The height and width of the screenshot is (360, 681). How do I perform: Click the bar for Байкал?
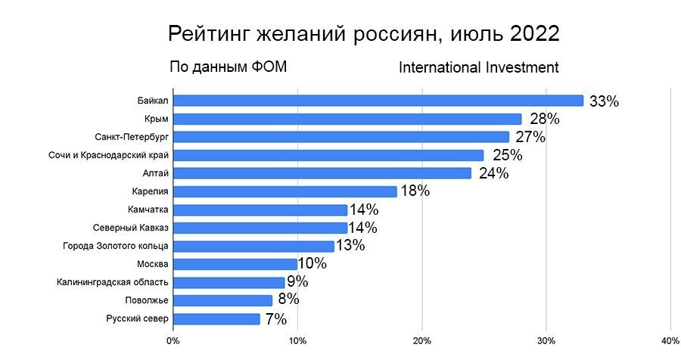click(378, 101)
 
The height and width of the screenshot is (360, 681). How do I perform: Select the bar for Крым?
click(347, 119)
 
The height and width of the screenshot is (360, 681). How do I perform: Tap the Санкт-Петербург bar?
click(341, 137)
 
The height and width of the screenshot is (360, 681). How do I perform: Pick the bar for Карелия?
click(285, 191)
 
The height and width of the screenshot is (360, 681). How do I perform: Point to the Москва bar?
click(235, 264)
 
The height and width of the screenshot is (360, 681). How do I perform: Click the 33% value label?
click(604, 101)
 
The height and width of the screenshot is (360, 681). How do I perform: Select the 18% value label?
click(415, 191)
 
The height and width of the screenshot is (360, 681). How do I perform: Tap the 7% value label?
click(275, 319)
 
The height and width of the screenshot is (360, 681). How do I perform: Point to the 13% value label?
click(350, 246)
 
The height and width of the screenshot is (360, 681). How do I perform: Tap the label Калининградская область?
click(112, 282)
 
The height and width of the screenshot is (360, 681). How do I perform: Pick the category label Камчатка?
click(148, 209)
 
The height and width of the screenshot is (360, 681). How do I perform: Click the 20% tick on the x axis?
click(422, 340)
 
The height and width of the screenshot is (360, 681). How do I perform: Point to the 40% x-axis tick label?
click(670, 340)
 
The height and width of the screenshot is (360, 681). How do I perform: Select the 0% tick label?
click(173, 340)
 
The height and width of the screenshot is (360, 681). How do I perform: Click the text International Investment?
click(478, 67)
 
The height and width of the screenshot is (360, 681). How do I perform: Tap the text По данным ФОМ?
click(228, 67)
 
